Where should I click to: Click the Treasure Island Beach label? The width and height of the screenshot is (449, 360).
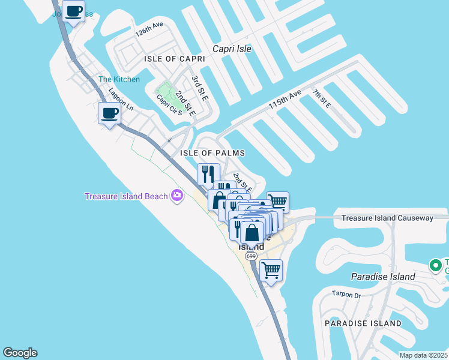[x=126, y=196]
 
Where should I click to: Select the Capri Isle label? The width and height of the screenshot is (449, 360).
[x=232, y=49]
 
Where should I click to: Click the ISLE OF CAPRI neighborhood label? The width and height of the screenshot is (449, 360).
[x=175, y=59]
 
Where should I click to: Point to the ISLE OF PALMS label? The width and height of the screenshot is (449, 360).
[x=212, y=153]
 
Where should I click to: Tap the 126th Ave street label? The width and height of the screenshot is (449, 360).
[x=149, y=30]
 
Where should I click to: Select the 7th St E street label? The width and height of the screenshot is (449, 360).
[x=322, y=98]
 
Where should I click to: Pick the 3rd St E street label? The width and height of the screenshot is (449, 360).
[x=200, y=88]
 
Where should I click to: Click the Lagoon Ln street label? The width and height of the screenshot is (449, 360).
[x=121, y=100]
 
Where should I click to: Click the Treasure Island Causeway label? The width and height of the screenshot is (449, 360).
[x=387, y=218]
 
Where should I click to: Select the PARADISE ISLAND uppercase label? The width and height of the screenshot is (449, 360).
[x=363, y=323]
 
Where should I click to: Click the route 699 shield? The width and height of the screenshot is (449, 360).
[x=251, y=256]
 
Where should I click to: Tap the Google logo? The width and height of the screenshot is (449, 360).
[x=20, y=353]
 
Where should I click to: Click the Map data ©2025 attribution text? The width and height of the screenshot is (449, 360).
[x=423, y=355]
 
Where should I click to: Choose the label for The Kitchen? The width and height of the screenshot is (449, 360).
[x=119, y=79]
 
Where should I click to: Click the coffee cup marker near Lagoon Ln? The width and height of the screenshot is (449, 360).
[x=109, y=113]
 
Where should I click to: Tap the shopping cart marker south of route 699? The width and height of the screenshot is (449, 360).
[x=271, y=270]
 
